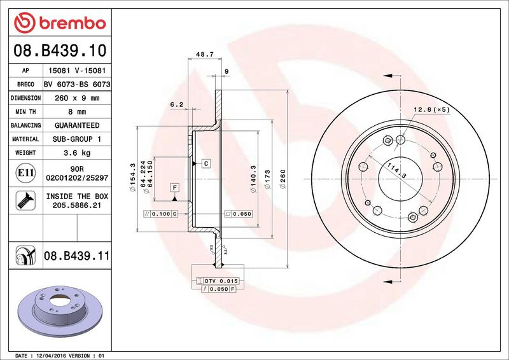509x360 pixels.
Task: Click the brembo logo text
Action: (x=73, y=24)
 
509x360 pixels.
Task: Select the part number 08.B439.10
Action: (x=60, y=51)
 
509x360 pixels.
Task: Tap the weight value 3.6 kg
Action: (x=77, y=153)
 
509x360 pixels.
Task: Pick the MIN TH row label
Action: (x=25, y=112)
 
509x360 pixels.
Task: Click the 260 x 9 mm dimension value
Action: (x=77, y=98)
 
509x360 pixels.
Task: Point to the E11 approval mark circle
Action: (x=25, y=173)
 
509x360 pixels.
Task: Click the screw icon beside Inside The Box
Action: (x=25, y=200)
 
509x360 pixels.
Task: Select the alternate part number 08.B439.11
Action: (x=77, y=256)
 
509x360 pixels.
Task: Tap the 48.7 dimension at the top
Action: (x=205, y=55)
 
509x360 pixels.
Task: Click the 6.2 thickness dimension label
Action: (x=177, y=104)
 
